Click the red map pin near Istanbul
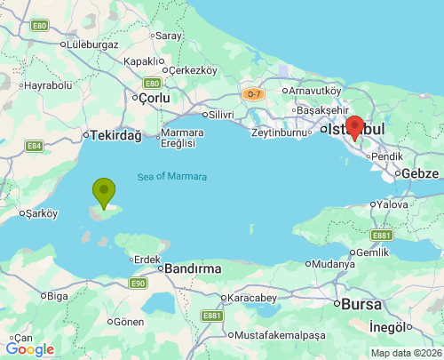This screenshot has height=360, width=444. pyautogui.click(x=355, y=128)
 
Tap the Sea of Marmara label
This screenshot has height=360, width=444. pyautogui.click(x=172, y=177)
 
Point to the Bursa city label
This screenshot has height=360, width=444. pyautogui.click(x=362, y=304)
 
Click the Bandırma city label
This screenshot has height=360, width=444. pyautogui.click(x=189, y=268)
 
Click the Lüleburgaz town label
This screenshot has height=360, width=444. pyautogui.click(x=92, y=43)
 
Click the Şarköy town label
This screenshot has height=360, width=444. pyautogui.click(x=42, y=213)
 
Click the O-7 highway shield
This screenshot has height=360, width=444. pyautogui.click(x=253, y=93)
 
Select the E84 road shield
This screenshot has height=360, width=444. pyautogui.click(x=35, y=146)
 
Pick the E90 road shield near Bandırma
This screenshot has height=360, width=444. pyautogui.click(x=137, y=284)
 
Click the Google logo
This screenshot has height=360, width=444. pyautogui.click(x=29, y=349)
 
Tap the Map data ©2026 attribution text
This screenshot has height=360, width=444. pyautogui.click(x=405, y=353)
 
